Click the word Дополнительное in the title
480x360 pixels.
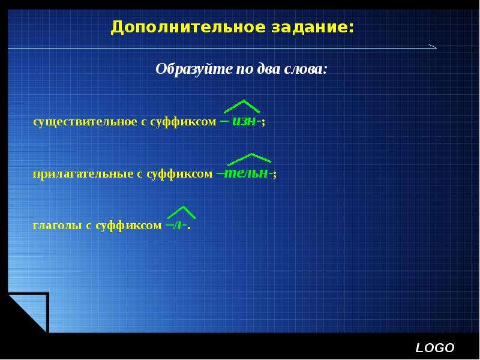(188, 27)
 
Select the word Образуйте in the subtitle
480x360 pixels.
(194, 69)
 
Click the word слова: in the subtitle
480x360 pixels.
(305, 69)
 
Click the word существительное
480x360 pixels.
(85, 122)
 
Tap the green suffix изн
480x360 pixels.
(244, 121)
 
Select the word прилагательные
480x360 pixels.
(83, 174)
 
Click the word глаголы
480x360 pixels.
(57, 226)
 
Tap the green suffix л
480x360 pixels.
(178, 226)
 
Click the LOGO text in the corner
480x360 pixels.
(435, 348)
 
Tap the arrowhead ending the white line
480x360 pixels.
(434, 47)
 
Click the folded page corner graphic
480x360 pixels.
(29, 312)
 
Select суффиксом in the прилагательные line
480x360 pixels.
(179, 174)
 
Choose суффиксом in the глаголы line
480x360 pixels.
(128, 226)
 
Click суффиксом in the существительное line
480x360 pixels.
(183, 122)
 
